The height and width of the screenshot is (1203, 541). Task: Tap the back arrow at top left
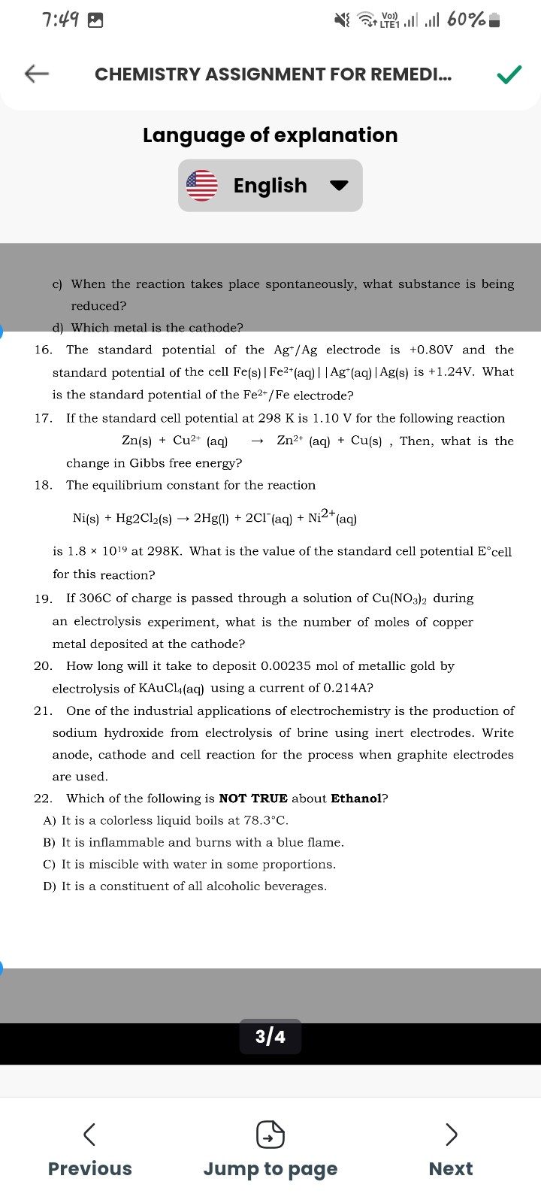pyautogui.click(x=37, y=74)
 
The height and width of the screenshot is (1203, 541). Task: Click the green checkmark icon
pyautogui.click(x=509, y=74)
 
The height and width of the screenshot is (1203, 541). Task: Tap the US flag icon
pyautogui.click(x=201, y=186)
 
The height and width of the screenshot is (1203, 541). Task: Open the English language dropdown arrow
pyautogui.click(x=340, y=186)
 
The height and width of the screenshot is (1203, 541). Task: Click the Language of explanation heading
pyautogui.click(x=270, y=135)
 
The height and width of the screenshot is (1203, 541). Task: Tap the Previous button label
pyautogui.click(x=89, y=1168)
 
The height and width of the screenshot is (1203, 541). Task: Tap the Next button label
pyautogui.click(x=450, y=1168)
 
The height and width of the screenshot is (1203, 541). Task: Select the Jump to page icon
pyautogui.click(x=270, y=1134)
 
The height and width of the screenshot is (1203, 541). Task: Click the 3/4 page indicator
pyautogui.click(x=270, y=1037)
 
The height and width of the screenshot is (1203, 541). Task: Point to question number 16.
pyautogui.click(x=43, y=350)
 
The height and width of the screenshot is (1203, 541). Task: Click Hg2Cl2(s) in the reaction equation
pyautogui.click(x=144, y=519)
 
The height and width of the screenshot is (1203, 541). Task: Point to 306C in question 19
pyautogui.click(x=95, y=598)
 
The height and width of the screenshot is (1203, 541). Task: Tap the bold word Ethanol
pyautogui.click(x=356, y=798)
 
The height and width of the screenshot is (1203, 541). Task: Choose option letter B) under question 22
pyautogui.click(x=50, y=843)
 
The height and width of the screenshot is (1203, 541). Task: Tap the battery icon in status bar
pyautogui.click(x=494, y=20)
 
